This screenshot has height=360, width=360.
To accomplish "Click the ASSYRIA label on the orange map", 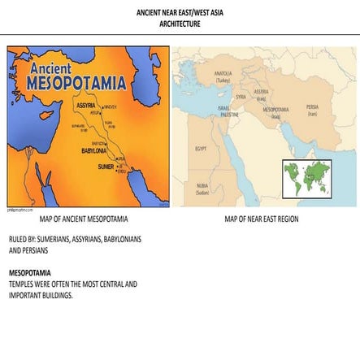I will pyautogui.click(x=85, y=106).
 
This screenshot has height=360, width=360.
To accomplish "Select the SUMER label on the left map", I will pyautogui.click(x=106, y=166).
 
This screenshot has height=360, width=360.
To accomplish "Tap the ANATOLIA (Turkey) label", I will pyautogui.click(x=223, y=78).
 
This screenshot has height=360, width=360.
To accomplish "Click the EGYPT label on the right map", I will pyautogui.click(x=201, y=149).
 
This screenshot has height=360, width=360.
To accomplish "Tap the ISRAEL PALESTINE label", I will pyautogui.click(x=223, y=111).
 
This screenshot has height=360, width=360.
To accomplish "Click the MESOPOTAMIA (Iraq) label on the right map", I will pyautogui.click(x=275, y=112).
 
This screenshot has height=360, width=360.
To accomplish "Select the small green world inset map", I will pyautogui.click(x=306, y=179).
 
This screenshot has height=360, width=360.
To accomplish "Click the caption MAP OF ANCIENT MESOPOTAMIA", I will pyautogui.click(x=84, y=219).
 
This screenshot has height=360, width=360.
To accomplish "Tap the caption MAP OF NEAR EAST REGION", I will pyautogui.click(x=261, y=219).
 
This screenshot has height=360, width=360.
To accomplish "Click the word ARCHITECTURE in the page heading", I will pyautogui.click(x=180, y=24).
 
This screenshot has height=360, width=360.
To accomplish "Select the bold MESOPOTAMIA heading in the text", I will pyautogui.click(x=30, y=273).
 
